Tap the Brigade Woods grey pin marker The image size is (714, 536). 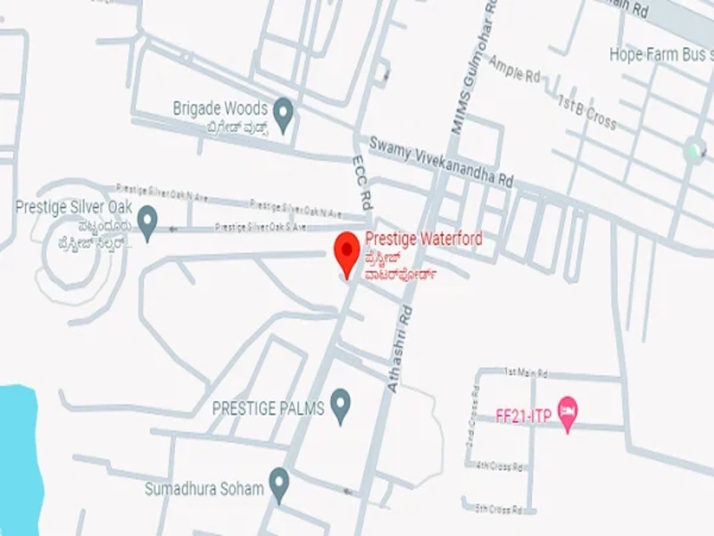(x=283, y=114)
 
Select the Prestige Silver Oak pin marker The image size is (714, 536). (x=147, y=221)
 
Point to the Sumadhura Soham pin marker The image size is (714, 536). (x=279, y=483)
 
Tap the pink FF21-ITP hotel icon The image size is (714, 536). (x=566, y=413)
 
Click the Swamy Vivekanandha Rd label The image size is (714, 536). (x=442, y=161)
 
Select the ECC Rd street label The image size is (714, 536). (x=360, y=183)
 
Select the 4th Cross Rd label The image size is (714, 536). (x=499, y=465)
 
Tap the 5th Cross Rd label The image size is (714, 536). (x=499, y=508)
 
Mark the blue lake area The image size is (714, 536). (x=18, y=456)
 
